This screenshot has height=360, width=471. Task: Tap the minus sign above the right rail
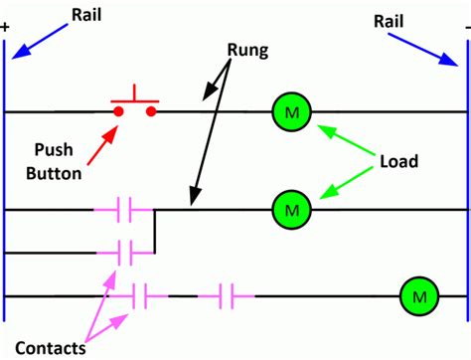tap(465, 27)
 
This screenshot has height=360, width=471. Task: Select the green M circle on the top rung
tap(289, 111)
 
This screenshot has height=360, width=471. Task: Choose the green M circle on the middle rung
tap(289, 210)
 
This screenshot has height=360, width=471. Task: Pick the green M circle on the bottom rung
tap(417, 295)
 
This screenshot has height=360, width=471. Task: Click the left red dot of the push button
tap(118, 111)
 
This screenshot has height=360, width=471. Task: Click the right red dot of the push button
tap(151, 111)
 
